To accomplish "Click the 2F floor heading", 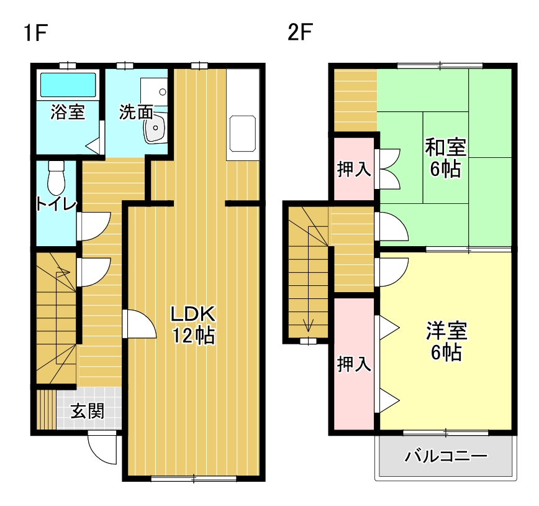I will click(299, 32).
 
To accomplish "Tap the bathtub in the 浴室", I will click(68, 85).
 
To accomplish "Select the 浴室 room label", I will click(68, 113).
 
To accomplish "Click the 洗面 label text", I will click(135, 113).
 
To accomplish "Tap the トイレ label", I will click(56, 205).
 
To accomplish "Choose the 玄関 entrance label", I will click(87, 411).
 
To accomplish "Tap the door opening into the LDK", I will click(139, 324).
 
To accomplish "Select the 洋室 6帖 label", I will click(446, 341).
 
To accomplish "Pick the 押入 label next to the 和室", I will click(354, 170).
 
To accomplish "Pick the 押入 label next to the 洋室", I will click(354, 364).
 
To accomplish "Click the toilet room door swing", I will click(93, 226).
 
